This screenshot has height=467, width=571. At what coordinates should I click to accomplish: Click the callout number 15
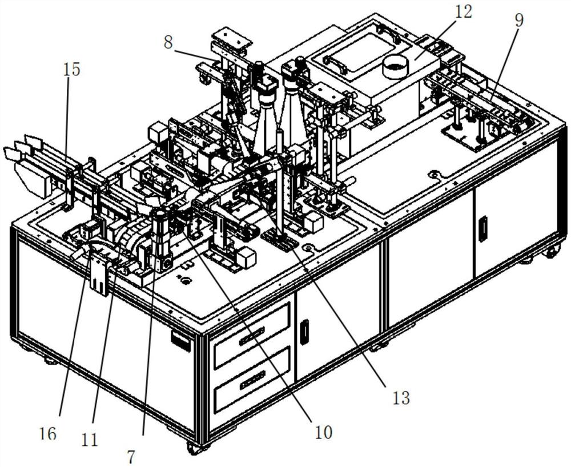coord(72,70)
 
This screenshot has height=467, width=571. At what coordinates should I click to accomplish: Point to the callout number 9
coord(518,20)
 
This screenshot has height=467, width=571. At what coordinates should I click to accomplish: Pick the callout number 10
coord(323,432)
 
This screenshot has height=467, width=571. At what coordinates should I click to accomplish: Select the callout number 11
coord(90,439)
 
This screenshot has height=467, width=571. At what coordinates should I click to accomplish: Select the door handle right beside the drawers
coord(304,331)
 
